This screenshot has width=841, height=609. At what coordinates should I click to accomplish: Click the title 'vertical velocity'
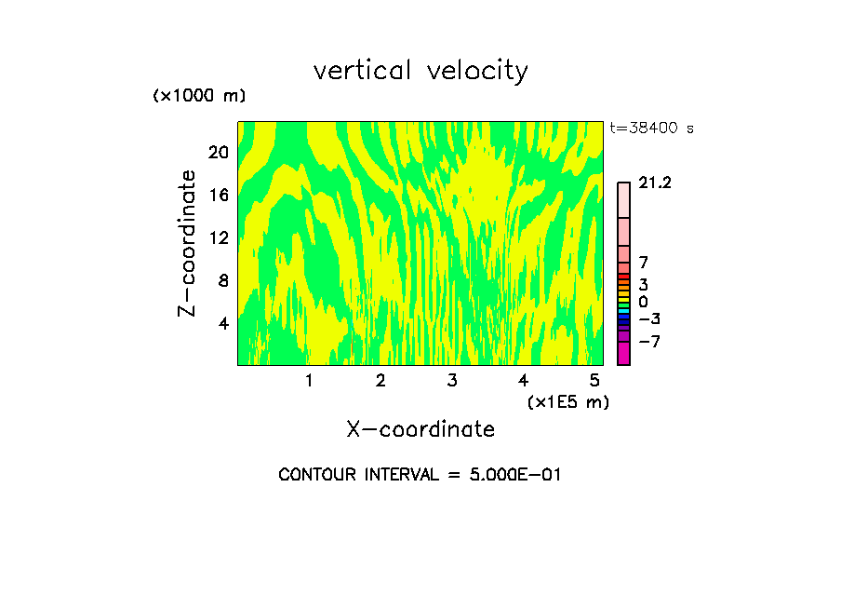click(x=420, y=71)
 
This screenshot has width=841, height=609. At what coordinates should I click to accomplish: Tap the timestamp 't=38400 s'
click(x=651, y=129)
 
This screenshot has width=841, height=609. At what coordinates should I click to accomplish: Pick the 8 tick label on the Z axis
click(x=221, y=280)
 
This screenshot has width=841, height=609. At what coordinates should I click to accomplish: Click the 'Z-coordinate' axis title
click(x=187, y=243)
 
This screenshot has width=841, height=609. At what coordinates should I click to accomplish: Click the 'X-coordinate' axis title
click(x=420, y=429)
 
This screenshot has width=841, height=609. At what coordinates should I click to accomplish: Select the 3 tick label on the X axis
click(x=451, y=381)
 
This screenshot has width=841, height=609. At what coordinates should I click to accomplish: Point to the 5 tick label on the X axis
click(x=594, y=381)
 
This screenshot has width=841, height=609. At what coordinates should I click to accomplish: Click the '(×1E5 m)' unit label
click(x=567, y=401)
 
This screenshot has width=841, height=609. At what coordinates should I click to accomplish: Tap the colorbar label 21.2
click(x=655, y=183)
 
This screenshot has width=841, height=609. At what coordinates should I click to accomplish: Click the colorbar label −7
click(x=648, y=342)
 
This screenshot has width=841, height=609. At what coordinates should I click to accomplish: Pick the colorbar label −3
click(x=648, y=318)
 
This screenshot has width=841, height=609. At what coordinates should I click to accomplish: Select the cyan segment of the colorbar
click(x=623, y=311)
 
